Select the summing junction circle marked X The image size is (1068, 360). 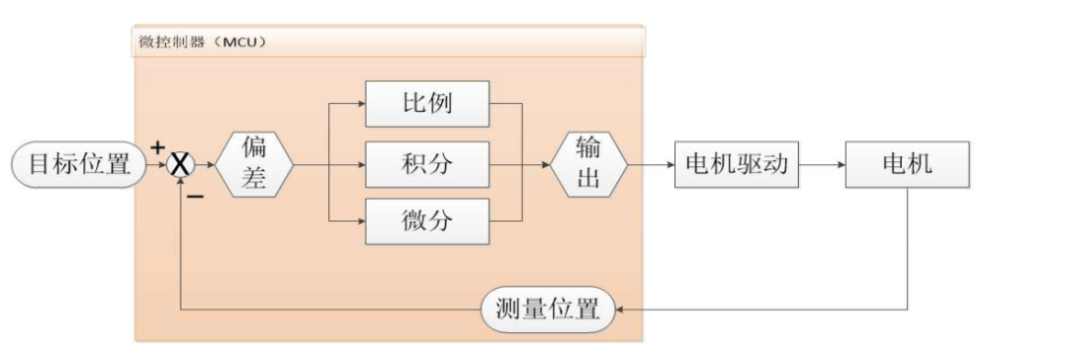(181, 165)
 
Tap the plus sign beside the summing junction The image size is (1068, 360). (157, 146)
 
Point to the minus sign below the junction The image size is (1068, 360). (195, 196)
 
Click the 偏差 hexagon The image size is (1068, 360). (253, 165)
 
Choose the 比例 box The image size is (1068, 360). (428, 103)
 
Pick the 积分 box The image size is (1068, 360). (428, 164)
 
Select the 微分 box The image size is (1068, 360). (428, 221)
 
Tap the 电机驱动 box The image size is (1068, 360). (737, 164)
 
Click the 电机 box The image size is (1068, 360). (907, 164)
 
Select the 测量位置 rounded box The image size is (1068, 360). (547, 309)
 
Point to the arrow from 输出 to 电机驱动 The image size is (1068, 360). (649, 165)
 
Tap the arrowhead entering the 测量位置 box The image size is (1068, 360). (621, 309)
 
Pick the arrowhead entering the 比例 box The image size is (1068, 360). (361, 103)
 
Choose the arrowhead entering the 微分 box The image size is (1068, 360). (361, 221)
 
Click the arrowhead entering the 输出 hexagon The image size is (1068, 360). (546, 165)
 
